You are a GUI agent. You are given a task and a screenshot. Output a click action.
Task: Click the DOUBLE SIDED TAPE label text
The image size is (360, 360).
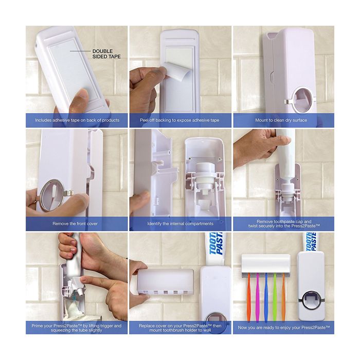106,53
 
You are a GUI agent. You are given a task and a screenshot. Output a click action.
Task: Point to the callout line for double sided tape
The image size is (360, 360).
80,51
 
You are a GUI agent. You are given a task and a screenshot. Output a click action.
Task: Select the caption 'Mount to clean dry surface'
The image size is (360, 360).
281,120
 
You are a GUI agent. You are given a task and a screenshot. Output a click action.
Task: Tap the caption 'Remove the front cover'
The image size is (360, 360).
75,224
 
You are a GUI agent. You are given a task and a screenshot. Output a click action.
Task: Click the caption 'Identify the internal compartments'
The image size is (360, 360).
180,224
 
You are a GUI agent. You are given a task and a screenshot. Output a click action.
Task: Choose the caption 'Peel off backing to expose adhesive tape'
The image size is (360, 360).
179,120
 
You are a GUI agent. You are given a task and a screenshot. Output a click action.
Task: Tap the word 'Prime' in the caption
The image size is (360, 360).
37,326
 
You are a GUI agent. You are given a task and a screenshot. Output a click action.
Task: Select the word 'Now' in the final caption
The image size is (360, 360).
242,328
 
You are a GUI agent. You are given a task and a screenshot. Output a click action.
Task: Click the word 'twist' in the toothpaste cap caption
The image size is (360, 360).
253,226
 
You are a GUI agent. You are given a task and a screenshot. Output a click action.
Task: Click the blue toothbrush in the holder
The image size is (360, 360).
266,297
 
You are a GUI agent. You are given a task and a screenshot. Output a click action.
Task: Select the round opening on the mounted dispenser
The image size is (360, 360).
303,100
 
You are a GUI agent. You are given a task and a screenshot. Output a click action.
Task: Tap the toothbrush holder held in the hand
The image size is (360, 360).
165,282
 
